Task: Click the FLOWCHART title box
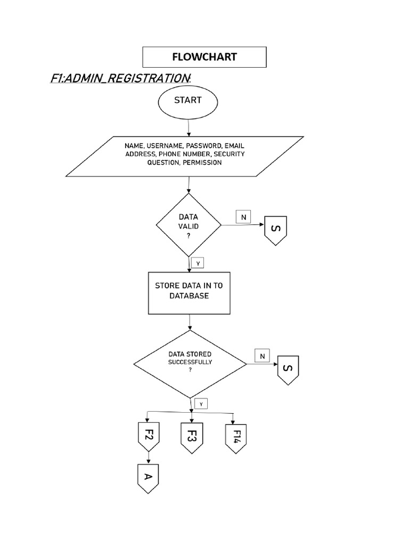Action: [x=204, y=57]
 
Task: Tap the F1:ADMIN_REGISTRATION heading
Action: [x=120, y=79]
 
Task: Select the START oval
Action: [x=187, y=102]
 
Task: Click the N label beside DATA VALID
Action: [x=243, y=216]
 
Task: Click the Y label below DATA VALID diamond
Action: [x=198, y=263]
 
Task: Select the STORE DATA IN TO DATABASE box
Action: [x=189, y=292]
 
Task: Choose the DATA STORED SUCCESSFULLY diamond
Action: [x=190, y=365]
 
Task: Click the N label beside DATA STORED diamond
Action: [x=262, y=356]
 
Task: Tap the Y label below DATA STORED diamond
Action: [x=201, y=404]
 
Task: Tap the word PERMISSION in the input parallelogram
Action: [x=202, y=163]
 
